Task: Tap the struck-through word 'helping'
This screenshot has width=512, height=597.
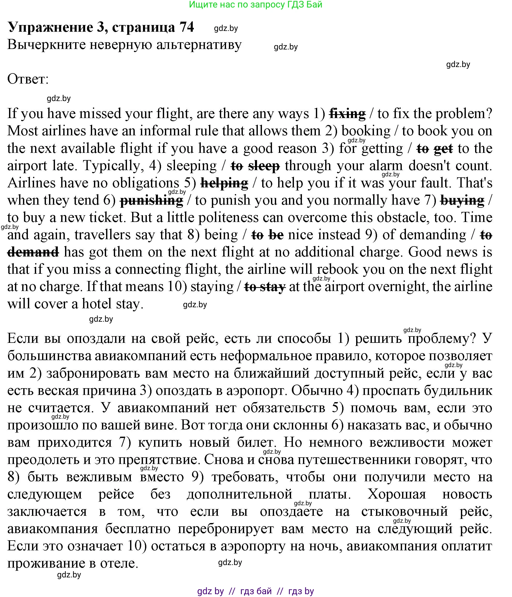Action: tap(224, 183)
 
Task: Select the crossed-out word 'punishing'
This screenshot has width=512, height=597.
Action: tap(151, 200)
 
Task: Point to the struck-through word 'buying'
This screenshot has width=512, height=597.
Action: tap(462, 200)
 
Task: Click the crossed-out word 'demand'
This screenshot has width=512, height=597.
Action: tap(33, 252)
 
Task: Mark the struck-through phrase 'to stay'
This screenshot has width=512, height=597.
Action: tap(265, 287)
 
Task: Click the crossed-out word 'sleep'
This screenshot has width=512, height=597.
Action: tap(264, 166)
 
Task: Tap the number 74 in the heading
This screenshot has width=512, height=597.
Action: tap(187, 27)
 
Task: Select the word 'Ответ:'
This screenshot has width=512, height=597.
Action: tap(28, 79)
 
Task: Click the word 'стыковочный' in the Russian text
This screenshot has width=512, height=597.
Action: tap(404, 511)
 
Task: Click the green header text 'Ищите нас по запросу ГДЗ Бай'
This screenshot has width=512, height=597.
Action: tap(255, 4)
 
